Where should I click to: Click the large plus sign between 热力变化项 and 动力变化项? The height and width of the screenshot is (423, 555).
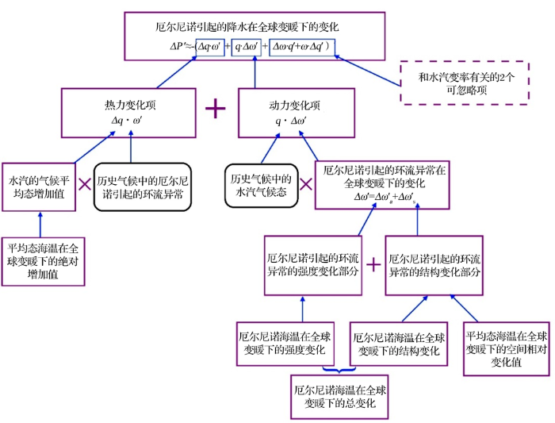[215, 108]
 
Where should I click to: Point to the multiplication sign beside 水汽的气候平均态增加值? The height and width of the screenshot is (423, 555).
[85, 184]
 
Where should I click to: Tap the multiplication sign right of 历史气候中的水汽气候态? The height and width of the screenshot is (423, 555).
[306, 184]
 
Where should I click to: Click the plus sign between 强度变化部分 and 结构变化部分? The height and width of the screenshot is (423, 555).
[373, 265]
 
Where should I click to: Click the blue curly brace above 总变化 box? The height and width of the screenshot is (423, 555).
[339, 371]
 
